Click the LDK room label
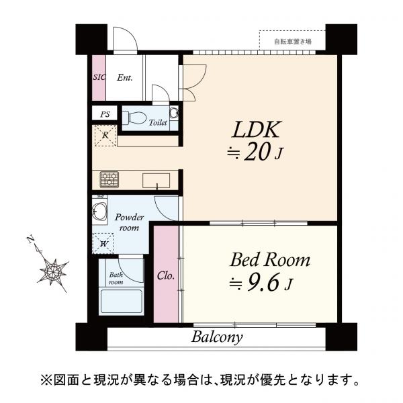click(x=255, y=129)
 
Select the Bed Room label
click(x=270, y=260)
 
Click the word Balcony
click(x=217, y=337)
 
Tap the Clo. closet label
click(x=166, y=275)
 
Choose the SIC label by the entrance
click(x=99, y=77)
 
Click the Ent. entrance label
click(x=125, y=77)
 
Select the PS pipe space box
click(x=105, y=115)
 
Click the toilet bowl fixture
click(x=136, y=118)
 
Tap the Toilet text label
click(x=158, y=124)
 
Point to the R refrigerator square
click(x=105, y=136)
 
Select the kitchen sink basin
click(x=155, y=179)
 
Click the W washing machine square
click(x=105, y=243)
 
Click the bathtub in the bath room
click(x=121, y=300)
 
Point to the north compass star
click(x=52, y=270)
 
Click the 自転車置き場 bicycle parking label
click(x=293, y=42)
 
